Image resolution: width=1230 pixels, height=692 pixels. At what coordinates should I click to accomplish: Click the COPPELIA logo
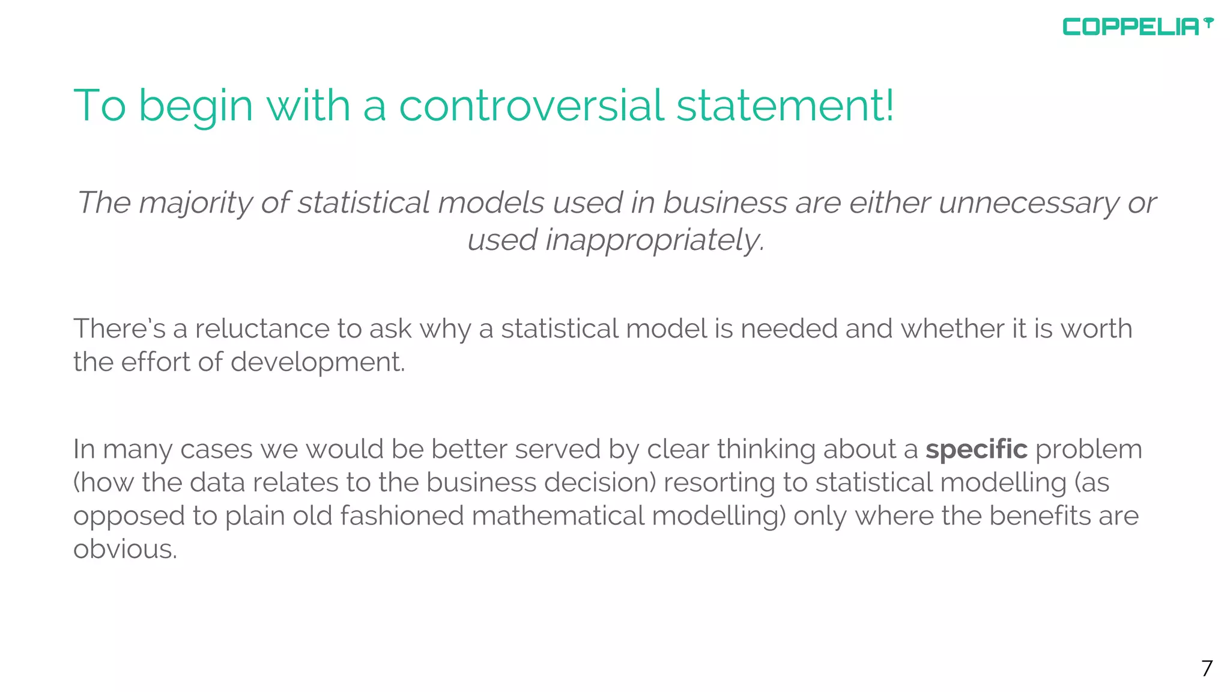[1137, 27]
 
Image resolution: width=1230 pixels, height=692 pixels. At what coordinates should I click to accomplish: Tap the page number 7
[1207, 668]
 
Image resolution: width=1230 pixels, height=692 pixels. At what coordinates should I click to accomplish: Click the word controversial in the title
[532, 105]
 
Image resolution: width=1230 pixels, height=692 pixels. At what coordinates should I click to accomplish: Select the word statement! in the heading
[785, 105]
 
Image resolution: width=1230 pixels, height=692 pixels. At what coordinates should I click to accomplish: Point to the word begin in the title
[196, 106]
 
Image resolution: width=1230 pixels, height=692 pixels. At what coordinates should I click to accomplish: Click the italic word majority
[196, 203]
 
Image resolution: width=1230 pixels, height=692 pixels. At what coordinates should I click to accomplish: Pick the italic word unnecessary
[1029, 202]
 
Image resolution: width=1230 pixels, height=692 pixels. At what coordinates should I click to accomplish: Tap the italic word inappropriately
[655, 240]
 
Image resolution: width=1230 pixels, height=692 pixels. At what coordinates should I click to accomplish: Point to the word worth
[1096, 329]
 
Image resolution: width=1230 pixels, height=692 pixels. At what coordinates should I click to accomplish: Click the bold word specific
[976, 449]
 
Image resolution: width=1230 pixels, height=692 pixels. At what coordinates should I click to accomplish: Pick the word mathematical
[558, 516]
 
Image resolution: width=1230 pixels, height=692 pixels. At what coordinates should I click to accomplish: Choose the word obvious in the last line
[125, 549]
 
